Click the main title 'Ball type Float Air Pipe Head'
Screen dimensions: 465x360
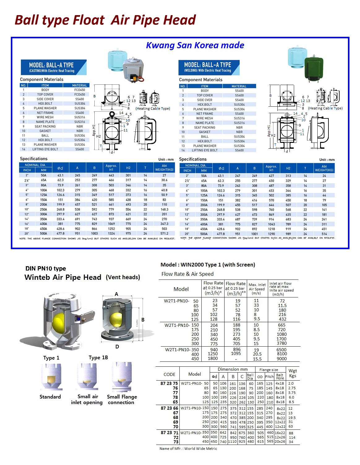click(105, 20)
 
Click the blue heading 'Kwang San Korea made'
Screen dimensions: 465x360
click(195, 45)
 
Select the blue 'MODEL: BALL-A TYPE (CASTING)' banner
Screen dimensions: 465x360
click(53, 67)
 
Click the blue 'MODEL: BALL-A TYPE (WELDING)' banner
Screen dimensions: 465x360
click(209, 67)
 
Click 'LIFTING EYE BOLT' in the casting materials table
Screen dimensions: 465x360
click(45, 149)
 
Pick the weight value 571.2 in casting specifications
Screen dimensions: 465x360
click(164, 233)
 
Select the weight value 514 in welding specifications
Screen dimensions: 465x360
click(324, 234)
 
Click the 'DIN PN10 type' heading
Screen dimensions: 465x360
click(45, 268)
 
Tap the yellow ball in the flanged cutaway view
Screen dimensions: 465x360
click(116, 320)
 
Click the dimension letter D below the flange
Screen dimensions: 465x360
click(117, 347)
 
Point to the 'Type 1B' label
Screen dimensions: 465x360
click(98, 357)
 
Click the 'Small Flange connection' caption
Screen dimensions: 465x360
click(122, 399)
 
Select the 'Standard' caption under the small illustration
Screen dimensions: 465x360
click(50, 397)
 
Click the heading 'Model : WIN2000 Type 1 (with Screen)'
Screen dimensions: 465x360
click(208, 265)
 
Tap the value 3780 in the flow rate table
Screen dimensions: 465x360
click(281, 343)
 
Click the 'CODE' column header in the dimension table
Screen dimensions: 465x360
click(169, 374)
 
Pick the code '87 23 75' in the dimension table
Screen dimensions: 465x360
click(169, 383)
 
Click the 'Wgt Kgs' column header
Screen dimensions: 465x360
click(292, 373)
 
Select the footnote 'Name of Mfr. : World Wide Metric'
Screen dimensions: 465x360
click(188, 449)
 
